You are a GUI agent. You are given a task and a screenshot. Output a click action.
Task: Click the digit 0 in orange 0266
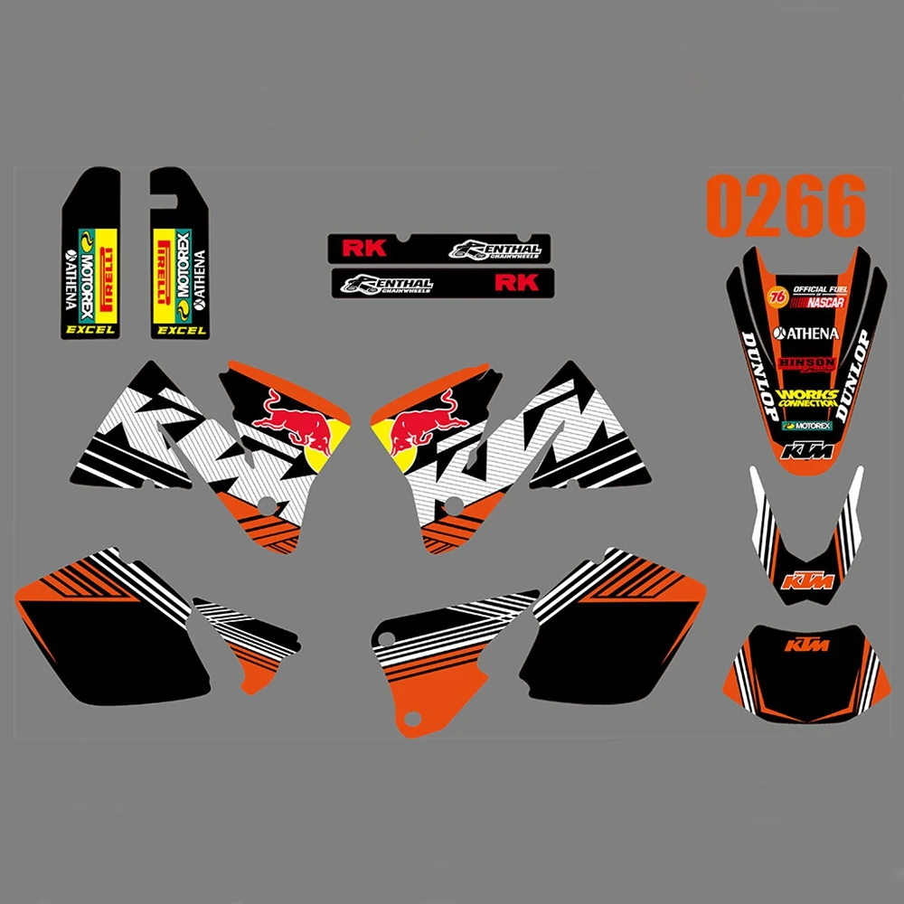pos(726,208)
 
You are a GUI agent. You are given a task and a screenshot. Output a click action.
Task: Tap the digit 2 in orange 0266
pos(767,208)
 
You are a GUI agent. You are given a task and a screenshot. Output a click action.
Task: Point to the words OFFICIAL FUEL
pos(817,289)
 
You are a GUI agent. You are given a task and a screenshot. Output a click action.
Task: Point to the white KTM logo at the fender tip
pos(807,450)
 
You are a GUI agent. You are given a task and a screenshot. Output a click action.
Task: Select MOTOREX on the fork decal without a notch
pos(88,271)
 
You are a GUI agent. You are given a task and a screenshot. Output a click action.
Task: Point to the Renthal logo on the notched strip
pos(496,250)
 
